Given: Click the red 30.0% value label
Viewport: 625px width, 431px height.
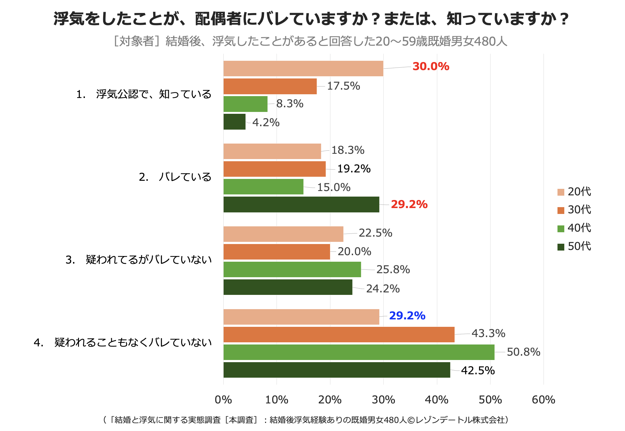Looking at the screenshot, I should click(431, 66).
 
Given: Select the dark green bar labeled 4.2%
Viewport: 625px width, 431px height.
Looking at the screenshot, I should click(234, 122).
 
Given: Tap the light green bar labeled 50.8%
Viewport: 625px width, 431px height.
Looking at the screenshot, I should click(359, 352).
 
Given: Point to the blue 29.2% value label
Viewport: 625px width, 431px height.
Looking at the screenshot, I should click(407, 316).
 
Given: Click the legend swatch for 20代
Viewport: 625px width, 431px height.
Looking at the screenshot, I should click(561, 192).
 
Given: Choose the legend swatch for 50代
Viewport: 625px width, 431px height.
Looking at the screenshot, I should click(561, 247).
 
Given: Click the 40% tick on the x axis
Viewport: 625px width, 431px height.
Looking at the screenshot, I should click(436, 400).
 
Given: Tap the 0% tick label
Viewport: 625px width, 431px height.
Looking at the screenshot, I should click(223, 400).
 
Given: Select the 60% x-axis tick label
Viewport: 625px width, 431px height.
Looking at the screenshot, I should click(543, 400).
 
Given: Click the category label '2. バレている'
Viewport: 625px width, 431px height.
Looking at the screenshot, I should click(175, 177).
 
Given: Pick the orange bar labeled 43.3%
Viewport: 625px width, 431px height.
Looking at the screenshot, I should click(339, 335).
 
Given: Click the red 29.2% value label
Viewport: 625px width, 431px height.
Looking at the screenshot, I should click(409, 205).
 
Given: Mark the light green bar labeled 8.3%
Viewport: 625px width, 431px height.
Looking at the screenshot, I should click(245, 104).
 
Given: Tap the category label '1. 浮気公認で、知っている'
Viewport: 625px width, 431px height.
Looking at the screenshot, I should click(144, 94).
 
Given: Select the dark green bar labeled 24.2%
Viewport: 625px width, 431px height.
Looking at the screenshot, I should click(288, 287).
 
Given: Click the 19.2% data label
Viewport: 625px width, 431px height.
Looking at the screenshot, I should click(354, 169).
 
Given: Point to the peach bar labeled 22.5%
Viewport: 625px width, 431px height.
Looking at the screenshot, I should click(283, 234).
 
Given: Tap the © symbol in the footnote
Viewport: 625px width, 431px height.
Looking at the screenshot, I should click(411, 420).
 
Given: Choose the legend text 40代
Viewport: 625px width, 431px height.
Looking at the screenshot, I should click(579, 228).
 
